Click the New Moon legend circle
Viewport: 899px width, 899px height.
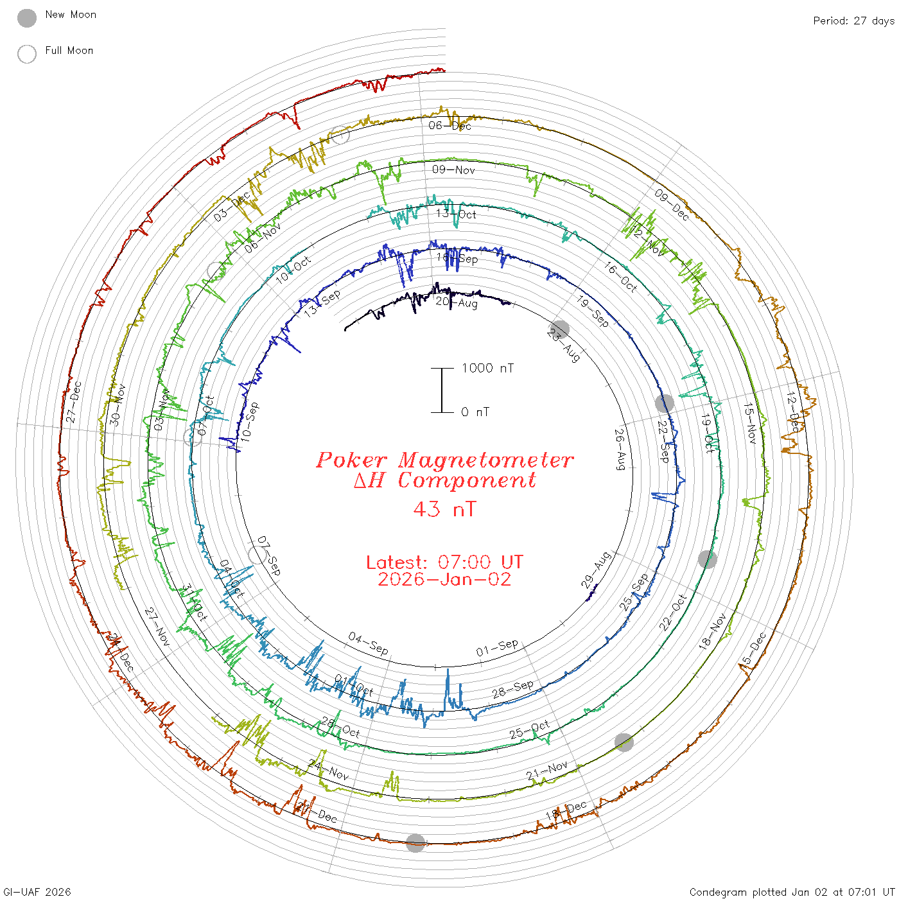[x=27, y=18]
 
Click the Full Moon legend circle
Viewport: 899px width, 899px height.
[x=27, y=54]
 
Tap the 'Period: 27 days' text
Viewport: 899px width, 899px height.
[x=853, y=21]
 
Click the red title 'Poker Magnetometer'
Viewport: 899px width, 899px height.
[x=444, y=460]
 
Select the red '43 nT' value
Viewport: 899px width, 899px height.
[x=444, y=509]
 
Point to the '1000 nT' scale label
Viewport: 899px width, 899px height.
[x=487, y=368]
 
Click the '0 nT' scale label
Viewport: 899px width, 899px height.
[x=475, y=412]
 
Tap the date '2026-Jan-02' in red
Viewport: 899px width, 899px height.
[x=444, y=579]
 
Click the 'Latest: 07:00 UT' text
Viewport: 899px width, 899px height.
[x=444, y=563]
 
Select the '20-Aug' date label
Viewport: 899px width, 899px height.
[x=457, y=302]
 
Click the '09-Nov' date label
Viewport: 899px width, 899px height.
[x=453, y=170]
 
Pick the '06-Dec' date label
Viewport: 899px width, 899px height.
[x=450, y=126]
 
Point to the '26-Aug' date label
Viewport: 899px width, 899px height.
[x=620, y=449]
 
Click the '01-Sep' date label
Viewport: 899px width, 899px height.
[x=497, y=648]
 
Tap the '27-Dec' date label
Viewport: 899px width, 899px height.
[x=74, y=402]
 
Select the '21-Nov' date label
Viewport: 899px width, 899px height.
[x=546, y=771]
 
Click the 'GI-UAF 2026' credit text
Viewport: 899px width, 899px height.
[x=37, y=892]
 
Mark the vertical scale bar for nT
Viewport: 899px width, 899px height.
[x=442, y=390]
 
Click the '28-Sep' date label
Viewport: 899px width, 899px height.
[x=512, y=689]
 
